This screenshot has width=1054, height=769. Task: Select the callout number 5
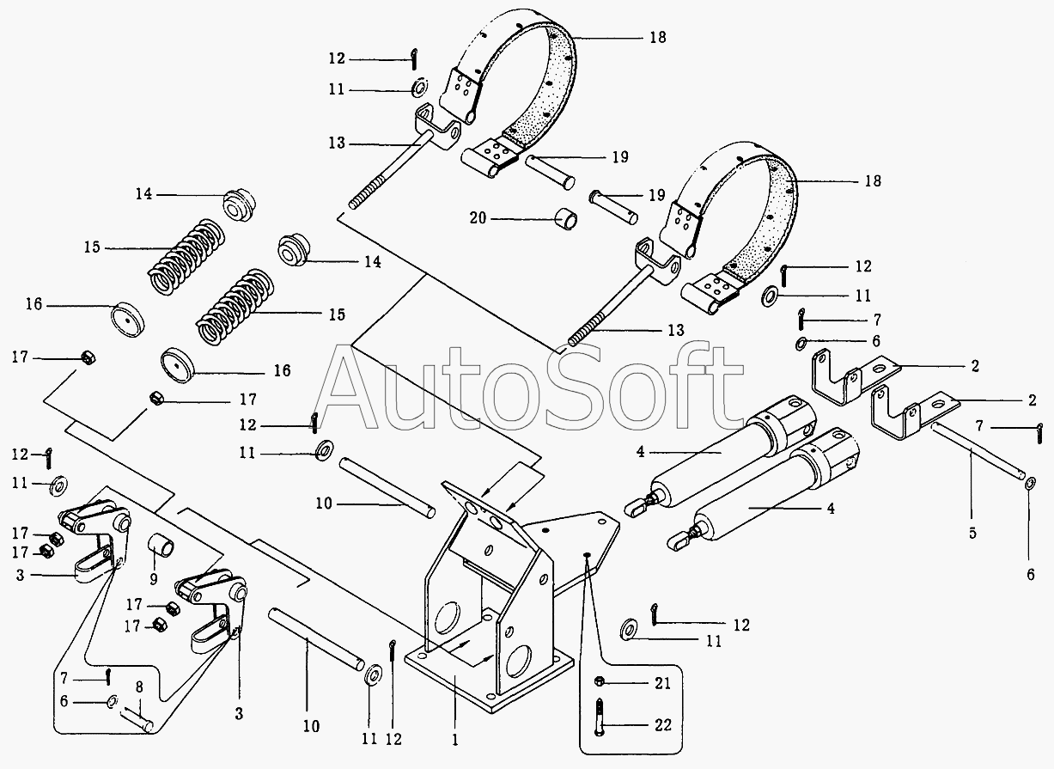tap(972, 533)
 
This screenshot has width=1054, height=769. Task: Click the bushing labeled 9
tap(161, 546)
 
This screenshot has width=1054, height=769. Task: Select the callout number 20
tap(478, 219)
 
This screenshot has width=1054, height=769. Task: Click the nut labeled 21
tap(600, 681)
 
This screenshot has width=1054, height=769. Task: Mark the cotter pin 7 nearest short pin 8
tap(111, 676)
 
